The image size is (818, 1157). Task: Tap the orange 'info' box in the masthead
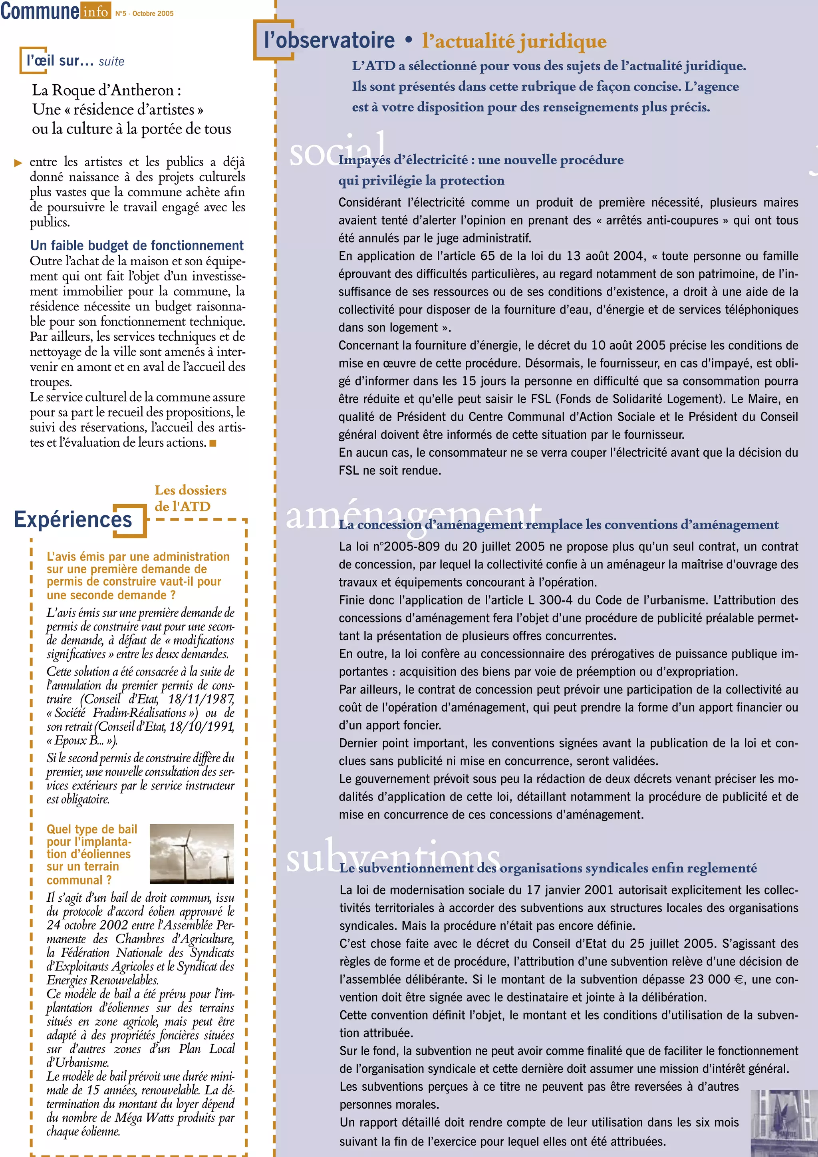[95, 10]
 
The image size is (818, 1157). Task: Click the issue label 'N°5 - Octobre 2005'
[144, 14]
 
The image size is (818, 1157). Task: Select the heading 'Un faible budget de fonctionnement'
[137, 245]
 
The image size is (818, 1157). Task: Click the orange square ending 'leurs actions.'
[213, 443]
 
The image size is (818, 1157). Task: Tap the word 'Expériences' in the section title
[73, 519]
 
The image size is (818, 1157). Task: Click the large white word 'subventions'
[393, 857]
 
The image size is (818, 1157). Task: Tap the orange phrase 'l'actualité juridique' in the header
[514, 41]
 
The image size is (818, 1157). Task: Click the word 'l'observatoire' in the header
[330, 40]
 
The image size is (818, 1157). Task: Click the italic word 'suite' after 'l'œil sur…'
[111, 62]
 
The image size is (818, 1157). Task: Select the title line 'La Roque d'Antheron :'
[106, 90]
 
